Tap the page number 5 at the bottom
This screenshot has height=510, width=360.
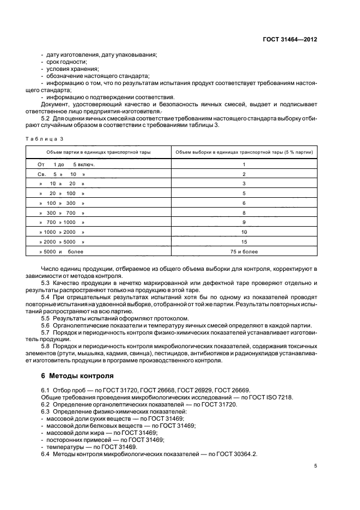[x=315, y=466]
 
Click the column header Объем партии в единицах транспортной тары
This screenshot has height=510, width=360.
[x=99, y=152]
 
